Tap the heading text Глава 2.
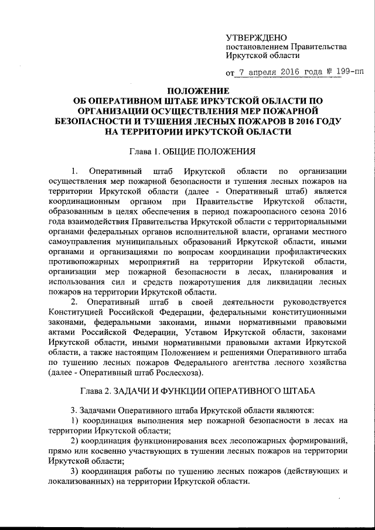click(96, 389)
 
